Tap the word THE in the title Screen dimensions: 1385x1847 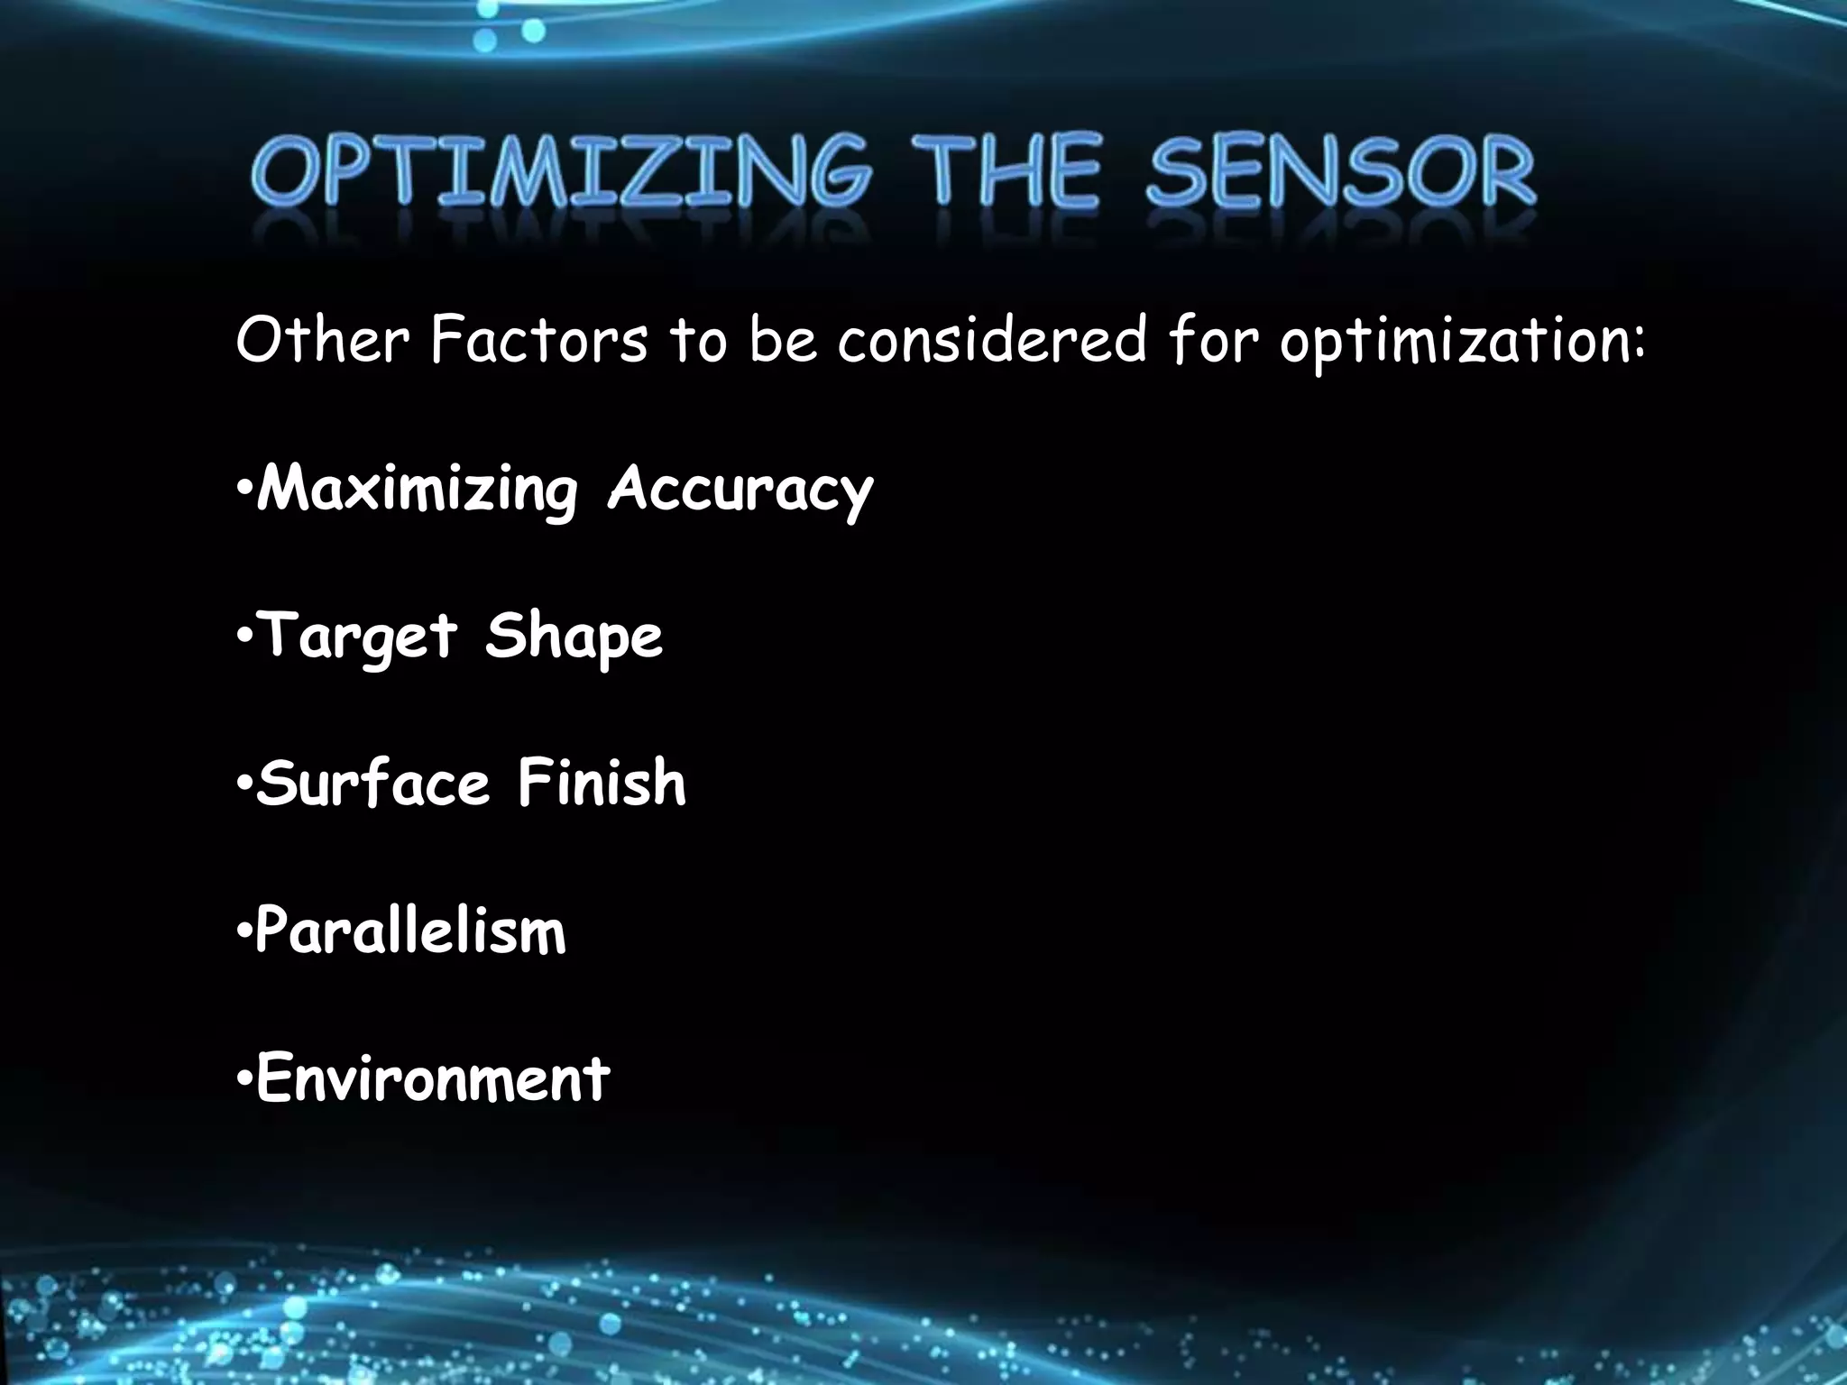click(x=1005, y=173)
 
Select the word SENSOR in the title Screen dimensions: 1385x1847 click(x=1340, y=173)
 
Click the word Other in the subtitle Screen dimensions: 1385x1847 click(x=322, y=341)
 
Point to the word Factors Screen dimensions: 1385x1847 click(x=539, y=341)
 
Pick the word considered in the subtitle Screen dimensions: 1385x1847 click(x=992, y=341)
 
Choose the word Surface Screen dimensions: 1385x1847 click(x=373, y=783)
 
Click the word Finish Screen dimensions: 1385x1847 click(x=602, y=783)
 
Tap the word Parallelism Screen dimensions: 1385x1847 click(x=411, y=931)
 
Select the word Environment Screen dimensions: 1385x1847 click(x=433, y=1078)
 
